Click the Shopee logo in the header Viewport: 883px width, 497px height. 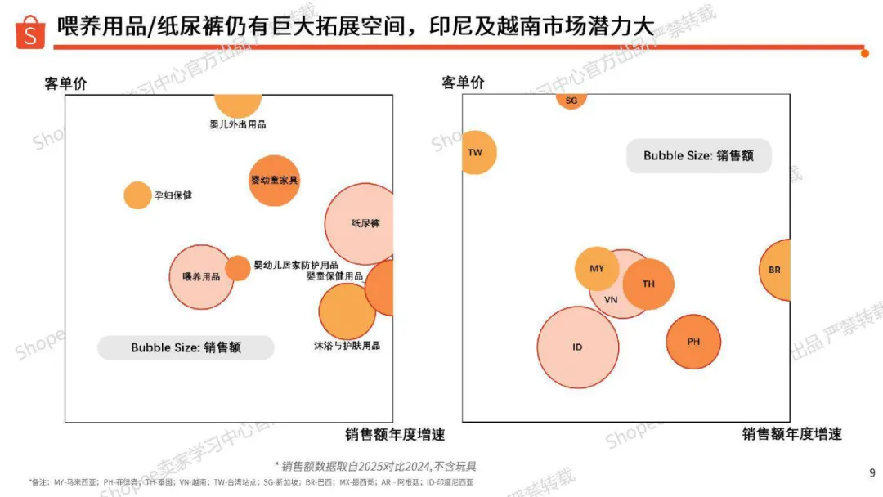tap(31, 32)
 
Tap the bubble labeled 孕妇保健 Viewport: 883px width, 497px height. tap(137, 195)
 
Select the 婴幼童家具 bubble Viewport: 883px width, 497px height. tap(274, 180)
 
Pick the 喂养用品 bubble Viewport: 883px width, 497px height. tap(200, 277)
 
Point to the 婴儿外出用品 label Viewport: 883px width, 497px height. tap(238, 124)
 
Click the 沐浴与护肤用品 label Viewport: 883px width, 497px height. tap(347, 345)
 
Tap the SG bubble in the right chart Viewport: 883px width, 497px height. tap(571, 100)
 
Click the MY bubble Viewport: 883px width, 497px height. tap(596, 268)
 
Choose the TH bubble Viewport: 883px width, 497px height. tap(648, 284)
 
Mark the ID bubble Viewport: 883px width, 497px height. tap(577, 347)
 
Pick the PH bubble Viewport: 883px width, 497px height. tap(693, 342)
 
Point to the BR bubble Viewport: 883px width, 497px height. tap(776, 270)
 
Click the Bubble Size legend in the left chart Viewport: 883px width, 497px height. tap(186, 347)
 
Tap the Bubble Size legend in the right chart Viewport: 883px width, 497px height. tap(698, 155)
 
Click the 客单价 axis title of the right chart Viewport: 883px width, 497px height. tap(463, 83)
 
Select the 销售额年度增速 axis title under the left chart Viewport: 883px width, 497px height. tap(395, 434)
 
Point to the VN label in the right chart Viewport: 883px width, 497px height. tap(611, 300)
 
